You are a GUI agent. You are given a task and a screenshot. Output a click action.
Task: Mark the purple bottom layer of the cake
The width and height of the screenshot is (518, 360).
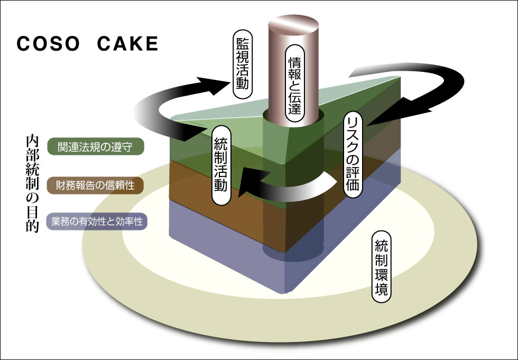coord(222,248)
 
